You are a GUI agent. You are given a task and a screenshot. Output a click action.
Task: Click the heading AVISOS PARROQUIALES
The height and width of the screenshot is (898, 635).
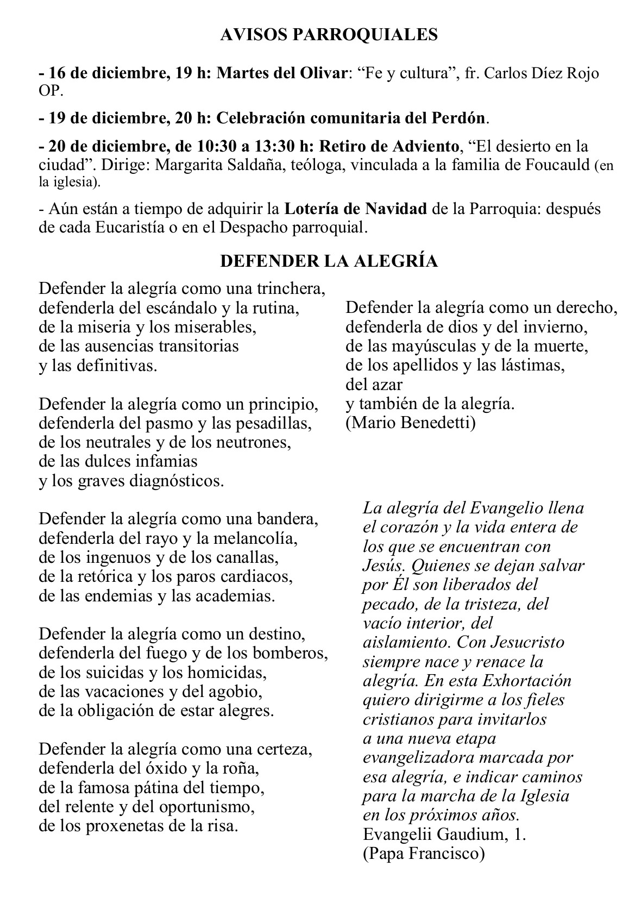[x=329, y=35]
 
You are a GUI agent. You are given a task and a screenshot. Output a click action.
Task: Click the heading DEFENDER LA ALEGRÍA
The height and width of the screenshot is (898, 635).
[x=329, y=261]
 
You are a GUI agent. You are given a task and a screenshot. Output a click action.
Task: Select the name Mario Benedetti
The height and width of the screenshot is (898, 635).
[x=411, y=423]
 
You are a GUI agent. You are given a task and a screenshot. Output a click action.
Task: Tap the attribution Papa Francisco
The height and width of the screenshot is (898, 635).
[x=423, y=853]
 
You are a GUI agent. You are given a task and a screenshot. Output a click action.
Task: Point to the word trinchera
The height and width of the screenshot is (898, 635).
[x=292, y=288]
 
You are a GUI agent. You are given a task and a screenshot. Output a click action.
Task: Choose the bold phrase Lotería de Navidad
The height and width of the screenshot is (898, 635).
[x=356, y=209]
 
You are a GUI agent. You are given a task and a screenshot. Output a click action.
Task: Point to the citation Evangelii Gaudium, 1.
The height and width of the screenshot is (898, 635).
[x=444, y=834]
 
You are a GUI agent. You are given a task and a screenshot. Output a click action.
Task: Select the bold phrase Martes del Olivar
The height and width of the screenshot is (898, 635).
[x=282, y=73]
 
